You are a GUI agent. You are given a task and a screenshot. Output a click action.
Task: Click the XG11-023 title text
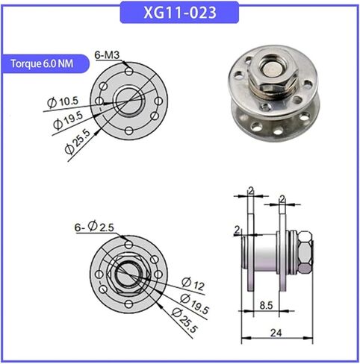click(x=180, y=13)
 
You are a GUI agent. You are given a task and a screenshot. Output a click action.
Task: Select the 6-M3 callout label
click(x=107, y=55)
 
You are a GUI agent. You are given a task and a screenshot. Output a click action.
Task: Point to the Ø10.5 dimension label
click(x=63, y=102)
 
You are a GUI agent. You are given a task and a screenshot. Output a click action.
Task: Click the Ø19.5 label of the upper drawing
click(x=68, y=120)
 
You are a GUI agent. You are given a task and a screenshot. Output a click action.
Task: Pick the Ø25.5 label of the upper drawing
click(x=78, y=142)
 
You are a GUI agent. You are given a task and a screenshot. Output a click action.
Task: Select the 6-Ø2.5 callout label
click(x=94, y=227)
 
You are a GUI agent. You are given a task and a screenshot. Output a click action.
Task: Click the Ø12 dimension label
click(x=193, y=283)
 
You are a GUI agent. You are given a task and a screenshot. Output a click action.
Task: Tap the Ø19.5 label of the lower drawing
click(x=194, y=304)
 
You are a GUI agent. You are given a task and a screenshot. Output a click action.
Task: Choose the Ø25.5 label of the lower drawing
click(x=184, y=320)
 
